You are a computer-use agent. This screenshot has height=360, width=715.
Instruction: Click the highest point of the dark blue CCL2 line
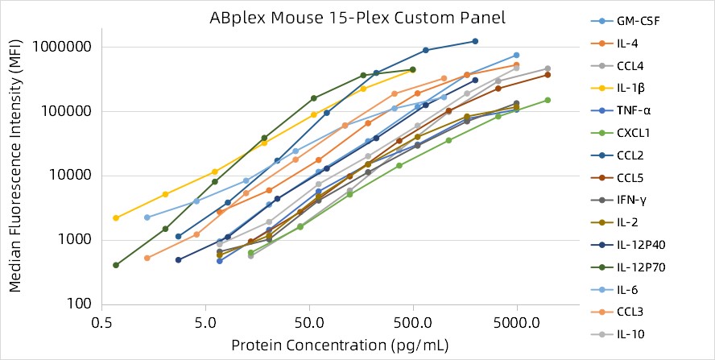[x=475, y=41]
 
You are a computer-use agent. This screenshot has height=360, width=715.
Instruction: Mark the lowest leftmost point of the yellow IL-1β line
[x=116, y=218]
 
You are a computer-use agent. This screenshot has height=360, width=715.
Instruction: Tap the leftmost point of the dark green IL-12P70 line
[x=116, y=265]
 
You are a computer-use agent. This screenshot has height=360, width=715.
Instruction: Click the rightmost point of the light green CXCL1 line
[x=548, y=100]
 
